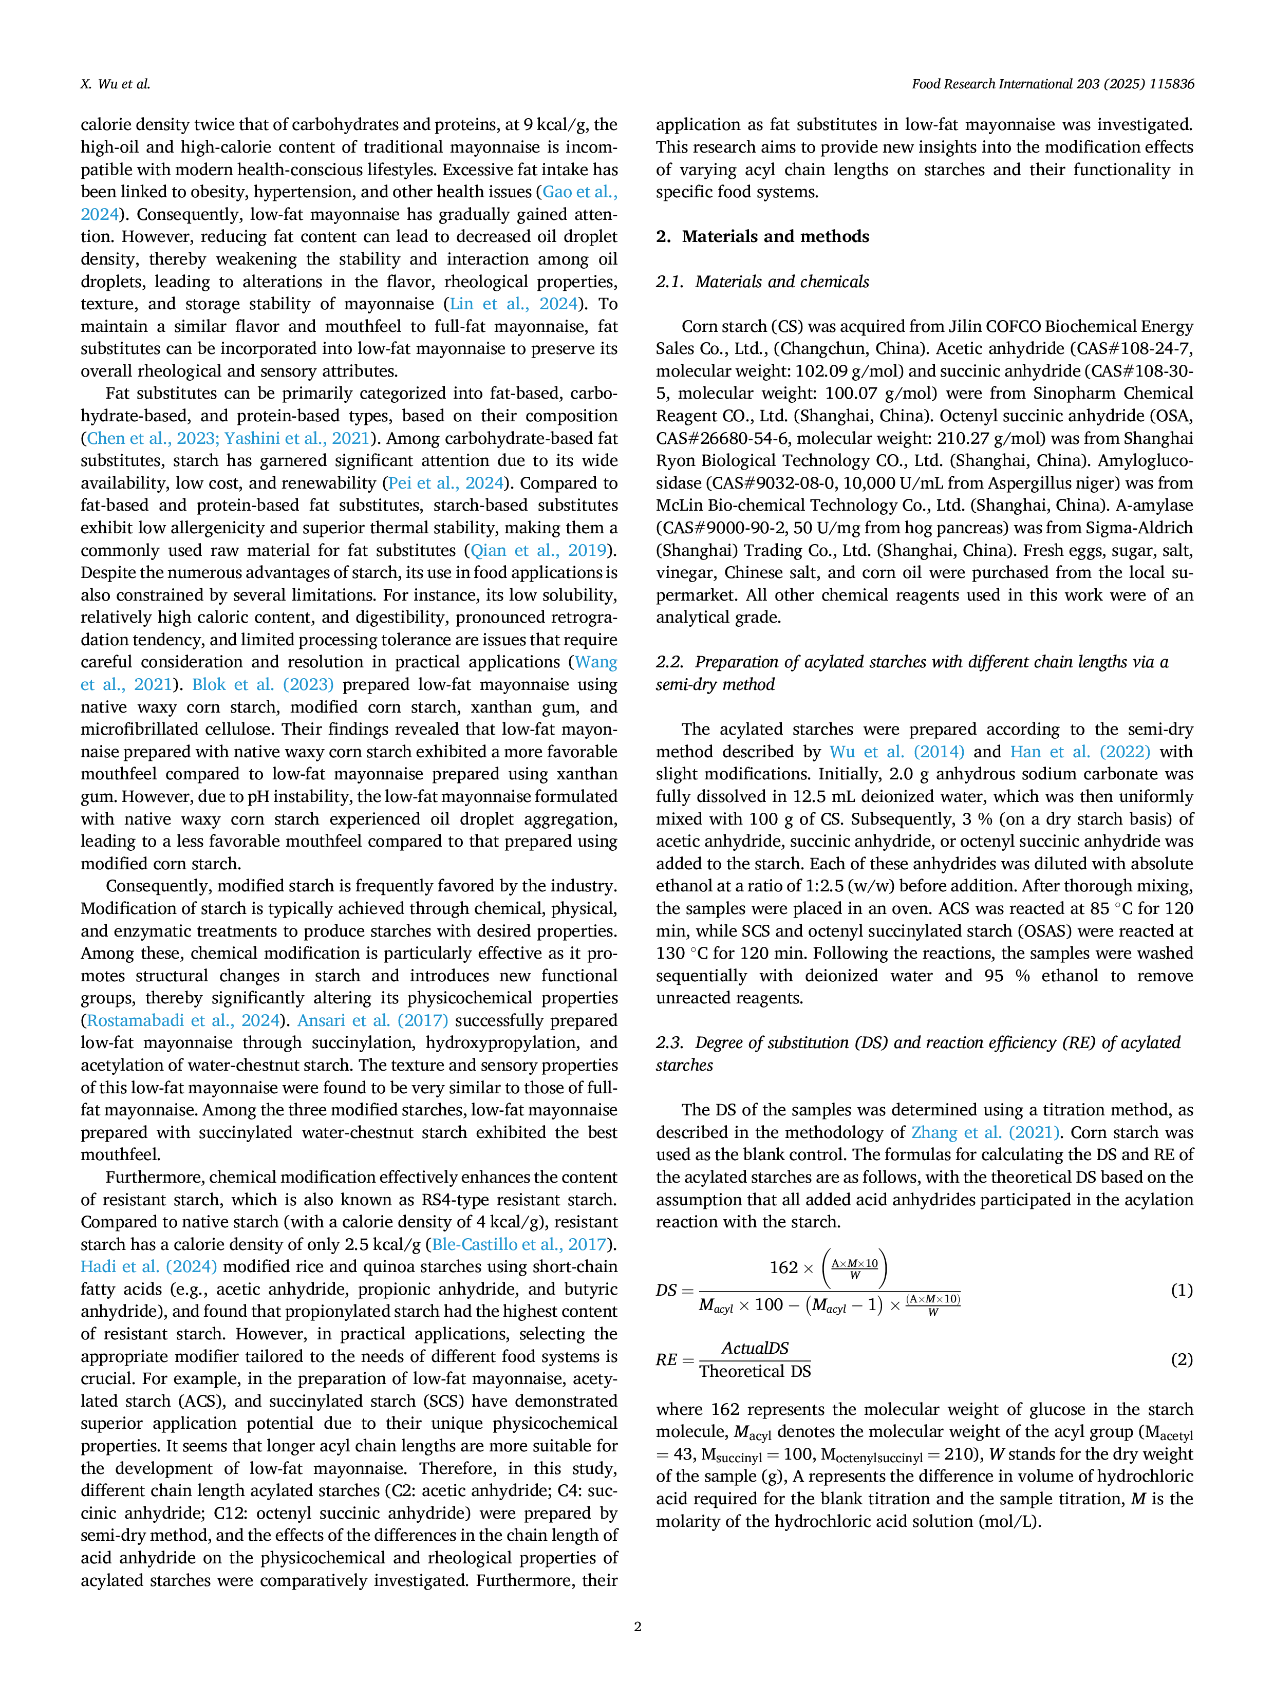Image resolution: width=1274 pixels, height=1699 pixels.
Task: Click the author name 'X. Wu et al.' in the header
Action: (115, 84)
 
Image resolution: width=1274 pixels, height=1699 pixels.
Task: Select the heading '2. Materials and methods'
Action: (762, 236)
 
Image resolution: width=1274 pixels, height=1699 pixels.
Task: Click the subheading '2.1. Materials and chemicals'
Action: (762, 282)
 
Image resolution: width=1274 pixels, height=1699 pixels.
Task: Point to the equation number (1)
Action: (1181, 1291)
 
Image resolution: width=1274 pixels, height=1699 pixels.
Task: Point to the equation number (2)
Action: (1181, 1359)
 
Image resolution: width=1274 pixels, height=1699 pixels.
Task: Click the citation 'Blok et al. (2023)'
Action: (263, 684)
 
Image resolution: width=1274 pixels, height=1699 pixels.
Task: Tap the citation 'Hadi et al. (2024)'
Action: (149, 1266)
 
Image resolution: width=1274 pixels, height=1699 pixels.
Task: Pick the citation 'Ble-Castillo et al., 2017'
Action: (521, 1244)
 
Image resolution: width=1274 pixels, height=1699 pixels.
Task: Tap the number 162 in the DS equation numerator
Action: (783, 1267)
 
